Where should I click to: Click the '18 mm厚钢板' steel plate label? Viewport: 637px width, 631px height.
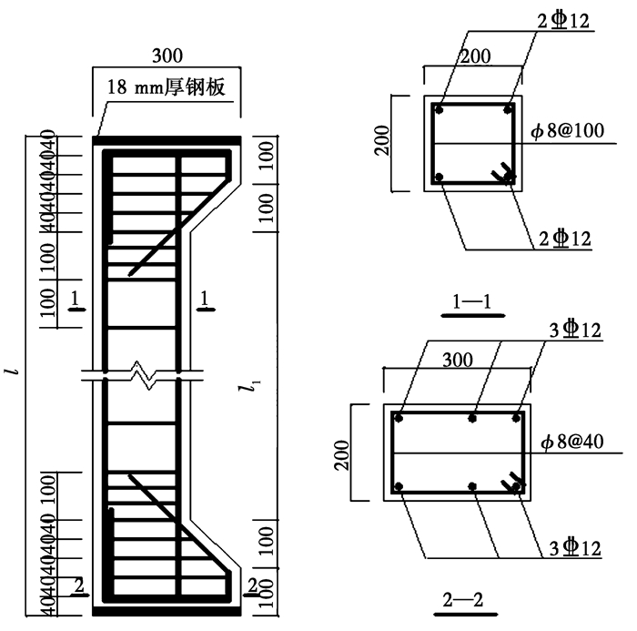(166, 87)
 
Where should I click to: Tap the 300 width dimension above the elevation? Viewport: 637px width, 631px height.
(167, 56)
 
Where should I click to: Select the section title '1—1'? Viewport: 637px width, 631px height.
(472, 301)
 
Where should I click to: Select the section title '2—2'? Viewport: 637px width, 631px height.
(462, 600)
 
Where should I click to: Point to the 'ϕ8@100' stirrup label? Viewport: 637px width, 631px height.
(568, 130)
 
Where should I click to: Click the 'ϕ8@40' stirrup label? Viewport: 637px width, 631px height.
(572, 442)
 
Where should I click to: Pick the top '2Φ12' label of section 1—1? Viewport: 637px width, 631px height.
(563, 20)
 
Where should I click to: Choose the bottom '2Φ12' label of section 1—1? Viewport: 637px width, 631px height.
(565, 239)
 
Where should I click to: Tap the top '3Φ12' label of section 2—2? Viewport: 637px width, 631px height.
(575, 330)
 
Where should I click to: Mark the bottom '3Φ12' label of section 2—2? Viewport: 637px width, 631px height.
(575, 548)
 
